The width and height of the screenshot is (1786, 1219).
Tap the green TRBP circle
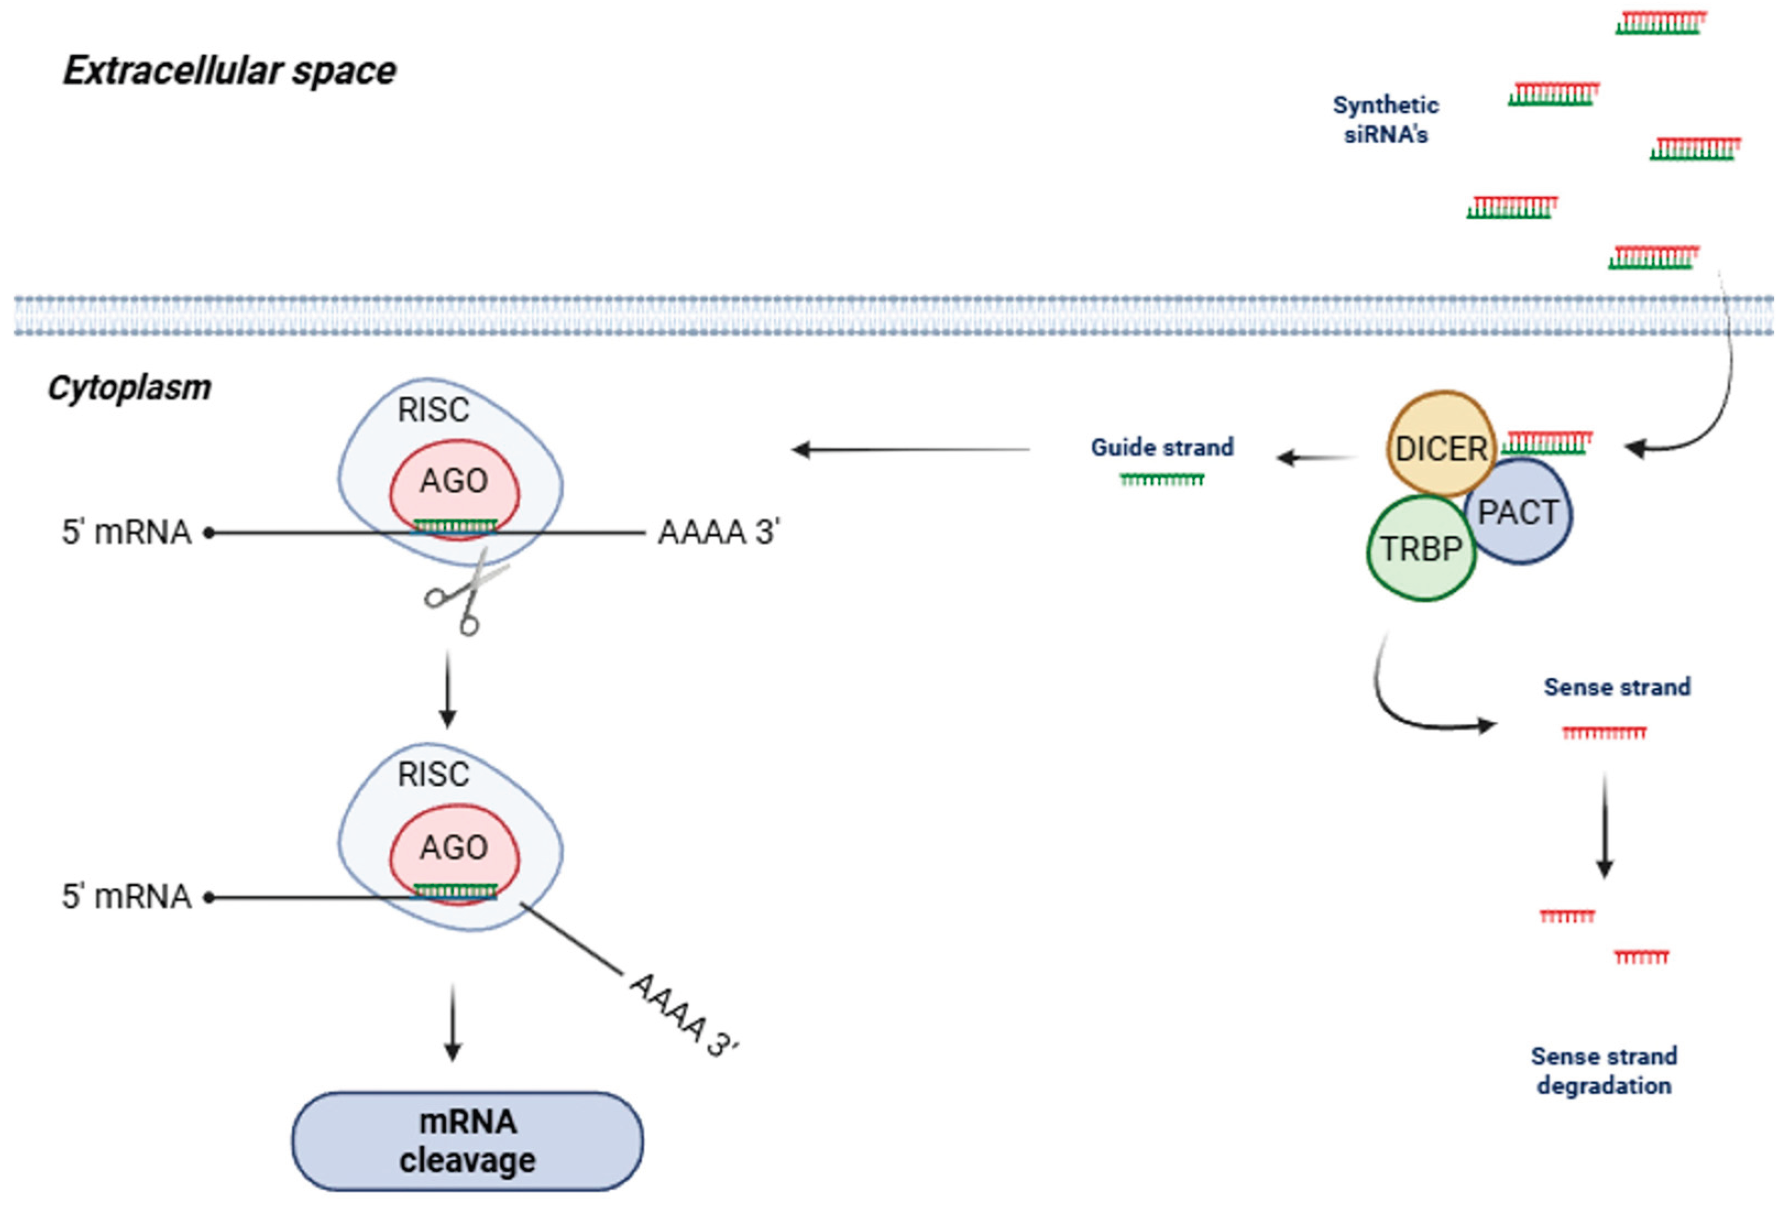coord(1420,548)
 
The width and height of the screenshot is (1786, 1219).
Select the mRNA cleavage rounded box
coord(466,1141)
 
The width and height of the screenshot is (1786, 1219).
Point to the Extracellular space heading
coord(229,71)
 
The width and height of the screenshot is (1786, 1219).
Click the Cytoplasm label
coord(129,388)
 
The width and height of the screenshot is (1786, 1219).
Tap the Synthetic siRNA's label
coord(1385,120)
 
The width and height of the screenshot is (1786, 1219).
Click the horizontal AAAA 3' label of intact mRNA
coord(718,532)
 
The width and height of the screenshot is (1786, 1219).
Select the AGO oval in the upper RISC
coord(453,484)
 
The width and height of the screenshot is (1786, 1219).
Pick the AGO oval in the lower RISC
coord(453,850)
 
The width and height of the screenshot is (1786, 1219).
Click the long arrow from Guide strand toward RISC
coord(911,449)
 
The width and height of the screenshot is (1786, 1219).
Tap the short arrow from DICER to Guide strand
coord(1316,459)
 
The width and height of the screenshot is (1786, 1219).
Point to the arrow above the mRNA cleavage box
coord(453,1022)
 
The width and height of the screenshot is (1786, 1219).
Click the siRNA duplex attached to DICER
coord(1546,443)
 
